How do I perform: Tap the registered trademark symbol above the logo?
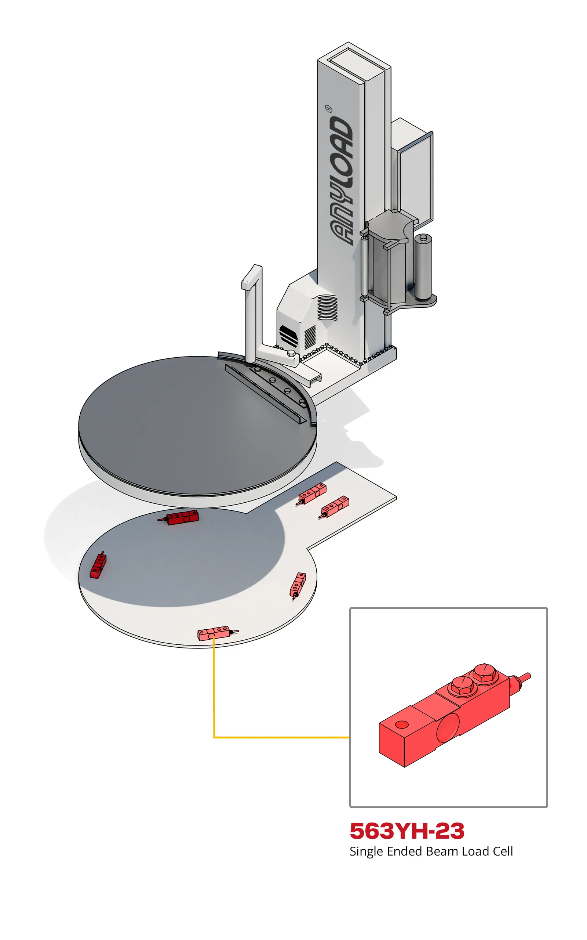tap(328, 108)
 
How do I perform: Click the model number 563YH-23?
tap(407, 831)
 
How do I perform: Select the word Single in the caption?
tap(366, 852)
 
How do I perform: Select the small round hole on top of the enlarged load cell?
tap(402, 725)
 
